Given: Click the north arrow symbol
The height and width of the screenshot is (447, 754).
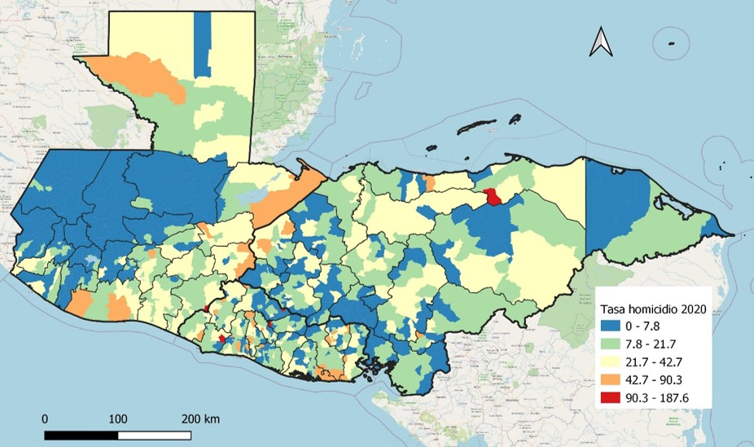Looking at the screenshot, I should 602,42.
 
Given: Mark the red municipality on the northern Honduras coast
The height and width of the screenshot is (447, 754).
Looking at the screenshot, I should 493,196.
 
